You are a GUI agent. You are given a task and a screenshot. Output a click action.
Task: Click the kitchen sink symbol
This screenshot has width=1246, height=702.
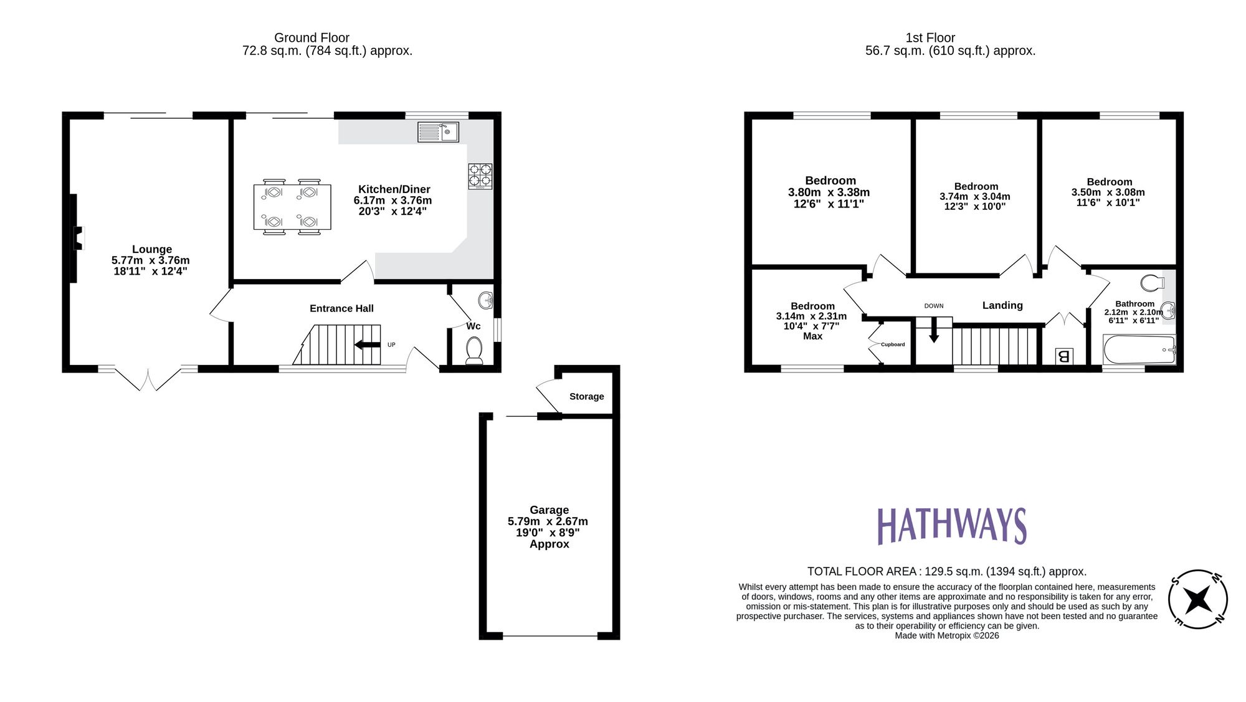point(438,132)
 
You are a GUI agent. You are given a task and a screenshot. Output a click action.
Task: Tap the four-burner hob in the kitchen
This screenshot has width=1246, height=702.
point(480,176)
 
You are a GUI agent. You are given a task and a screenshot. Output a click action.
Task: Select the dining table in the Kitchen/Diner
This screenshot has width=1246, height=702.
point(292,207)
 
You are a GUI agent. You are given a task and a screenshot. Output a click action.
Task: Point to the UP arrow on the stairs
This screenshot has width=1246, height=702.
point(368,344)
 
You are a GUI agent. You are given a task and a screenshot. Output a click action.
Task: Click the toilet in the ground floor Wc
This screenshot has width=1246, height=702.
point(474,351)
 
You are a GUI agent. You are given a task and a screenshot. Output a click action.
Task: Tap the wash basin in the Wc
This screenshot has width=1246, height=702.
point(486,301)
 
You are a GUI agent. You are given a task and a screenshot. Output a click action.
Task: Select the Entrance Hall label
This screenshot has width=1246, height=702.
point(341,308)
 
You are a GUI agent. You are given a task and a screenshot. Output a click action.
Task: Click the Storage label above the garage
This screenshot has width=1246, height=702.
point(586,396)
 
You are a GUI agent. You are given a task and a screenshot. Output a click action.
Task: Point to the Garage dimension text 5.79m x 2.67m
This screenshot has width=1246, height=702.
point(548,521)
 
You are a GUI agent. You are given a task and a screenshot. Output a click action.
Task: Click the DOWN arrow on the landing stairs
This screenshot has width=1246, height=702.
point(933,330)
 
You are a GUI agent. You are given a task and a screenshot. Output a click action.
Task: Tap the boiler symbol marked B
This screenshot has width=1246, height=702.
point(1063,356)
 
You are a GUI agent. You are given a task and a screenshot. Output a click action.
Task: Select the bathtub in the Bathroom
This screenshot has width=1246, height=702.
point(1139,349)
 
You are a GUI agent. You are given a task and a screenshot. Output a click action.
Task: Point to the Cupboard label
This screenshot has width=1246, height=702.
point(893,344)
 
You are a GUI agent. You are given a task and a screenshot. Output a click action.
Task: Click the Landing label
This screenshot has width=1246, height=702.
point(1002,305)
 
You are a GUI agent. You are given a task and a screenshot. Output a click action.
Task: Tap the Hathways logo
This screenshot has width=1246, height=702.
point(951,526)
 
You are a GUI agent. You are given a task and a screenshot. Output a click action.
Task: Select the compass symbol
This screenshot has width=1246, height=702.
point(1197,599)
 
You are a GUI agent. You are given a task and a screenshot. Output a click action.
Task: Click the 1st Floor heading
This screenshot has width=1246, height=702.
point(930,38)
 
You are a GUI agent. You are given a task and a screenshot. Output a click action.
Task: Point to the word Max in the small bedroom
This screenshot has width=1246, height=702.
point(812,336)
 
